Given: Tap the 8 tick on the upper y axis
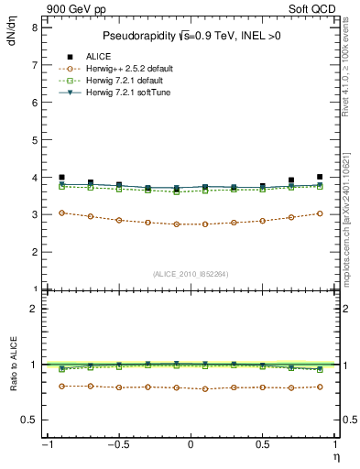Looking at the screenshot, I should (x=34, y=27).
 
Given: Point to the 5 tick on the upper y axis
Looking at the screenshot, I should (x=34, y=140).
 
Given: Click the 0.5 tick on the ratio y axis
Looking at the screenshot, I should (x=29, y=420).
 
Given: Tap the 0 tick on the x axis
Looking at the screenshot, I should (x=191, y=445).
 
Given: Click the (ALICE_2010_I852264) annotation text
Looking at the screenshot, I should (x=191, y=273).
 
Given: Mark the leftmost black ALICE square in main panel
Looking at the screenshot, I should (x=61, y=178).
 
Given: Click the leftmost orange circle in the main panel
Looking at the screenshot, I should (x=61, y=213).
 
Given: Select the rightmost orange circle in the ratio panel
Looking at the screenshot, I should (x=320, y=387).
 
